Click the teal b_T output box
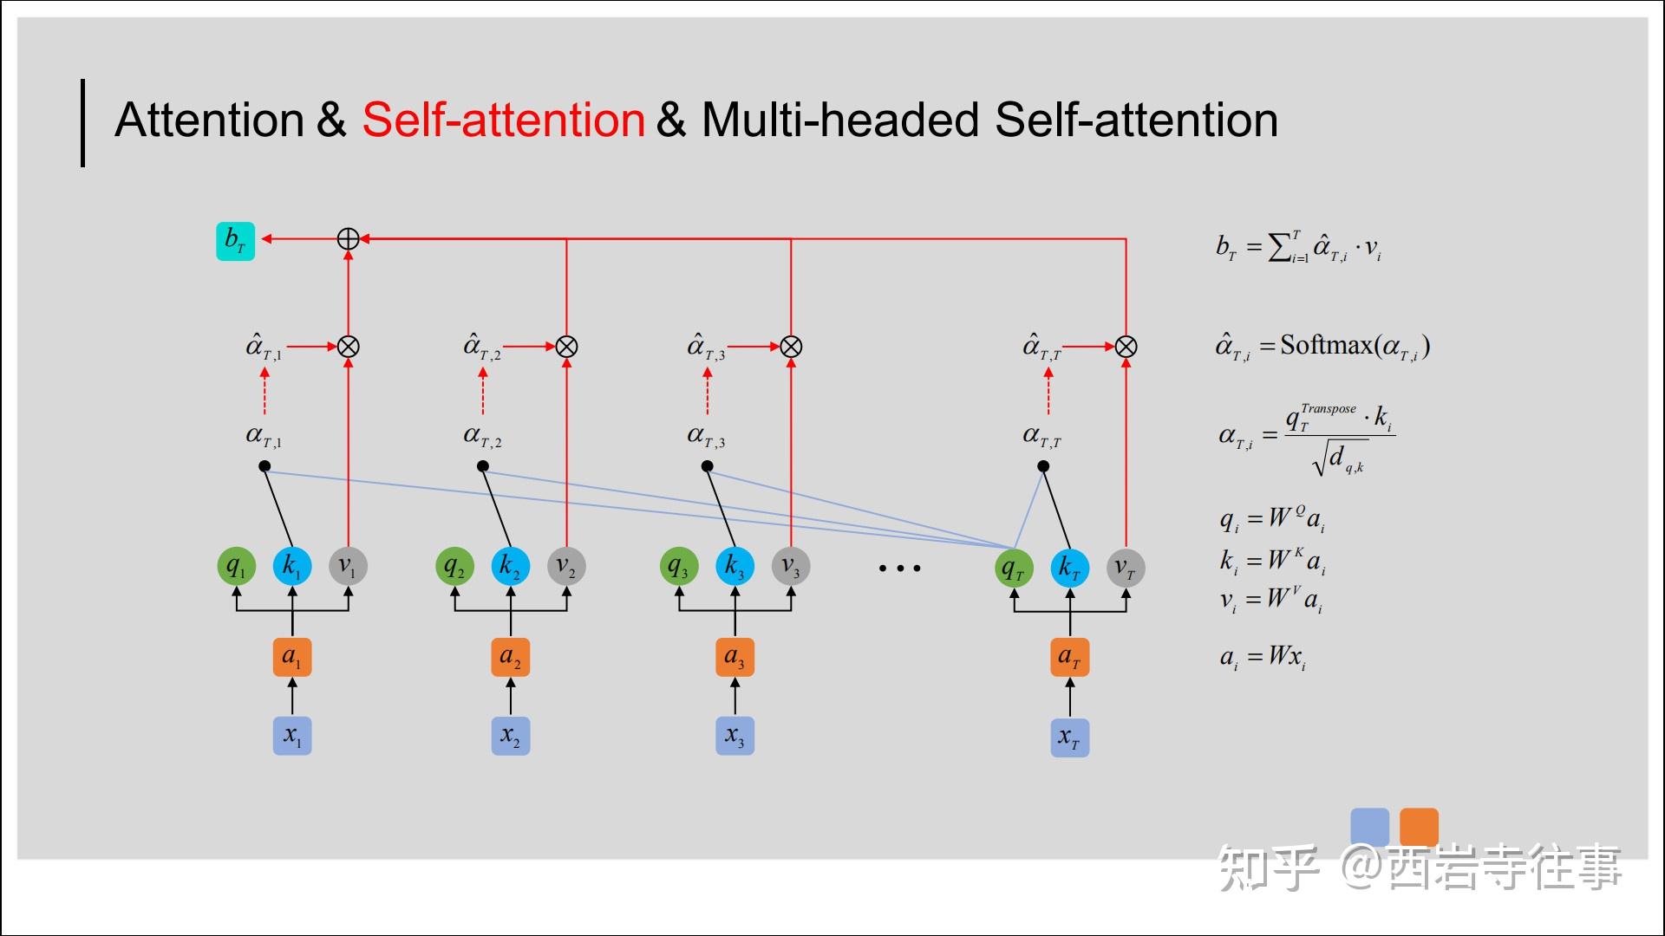[235, 241]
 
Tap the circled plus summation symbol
[348, 239]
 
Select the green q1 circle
[236, 567]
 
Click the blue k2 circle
[510, 567]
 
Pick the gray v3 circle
[791, 567]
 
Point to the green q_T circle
[1014, 569]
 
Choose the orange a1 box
[292, 657]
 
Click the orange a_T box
[1069, 657]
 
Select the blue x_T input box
[1069, 738]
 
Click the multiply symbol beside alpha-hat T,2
[566, 347]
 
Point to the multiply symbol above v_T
[1126, 347]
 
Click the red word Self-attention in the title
[503, 120]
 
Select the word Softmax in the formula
[1326, 345]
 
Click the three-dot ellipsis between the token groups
[899, 569]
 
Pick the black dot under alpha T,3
[708, 466]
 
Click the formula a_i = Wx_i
[1263, 657]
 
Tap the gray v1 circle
[348, 567]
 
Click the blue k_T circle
[1069, 569]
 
